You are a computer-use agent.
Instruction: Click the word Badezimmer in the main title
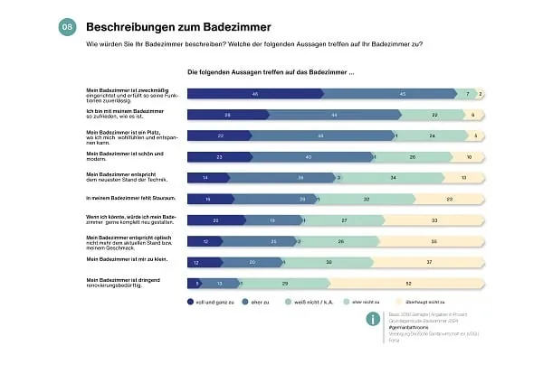233,28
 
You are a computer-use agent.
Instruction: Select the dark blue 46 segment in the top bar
256,93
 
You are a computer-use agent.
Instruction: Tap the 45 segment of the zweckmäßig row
402,93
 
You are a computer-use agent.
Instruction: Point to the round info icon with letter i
373,319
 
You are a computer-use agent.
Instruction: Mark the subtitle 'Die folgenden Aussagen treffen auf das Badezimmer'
271,71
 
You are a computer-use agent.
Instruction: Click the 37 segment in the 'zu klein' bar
429,261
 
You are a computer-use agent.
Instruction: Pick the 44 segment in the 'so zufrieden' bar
334,115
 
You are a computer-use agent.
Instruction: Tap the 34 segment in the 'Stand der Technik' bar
392,178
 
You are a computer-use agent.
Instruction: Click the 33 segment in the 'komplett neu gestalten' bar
434,220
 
